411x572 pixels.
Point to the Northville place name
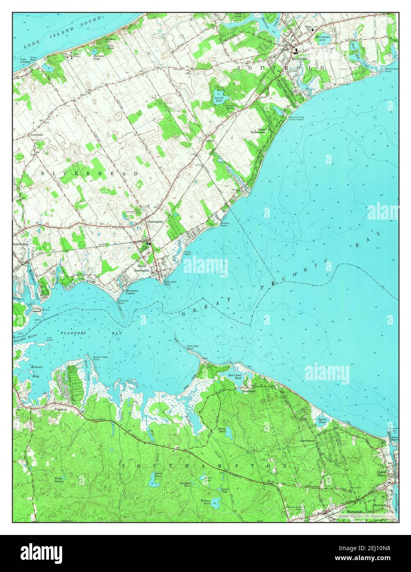pyautogui.click(x=36, y=135)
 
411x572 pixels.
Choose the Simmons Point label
pyautogui.click(x=123, y=302)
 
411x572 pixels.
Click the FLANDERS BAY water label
pyautogui.click(x=73, y=333)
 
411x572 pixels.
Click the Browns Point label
pyautogui.click(x=225, y=224)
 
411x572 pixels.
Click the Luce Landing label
pyautogui.click(x=26, y=61)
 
